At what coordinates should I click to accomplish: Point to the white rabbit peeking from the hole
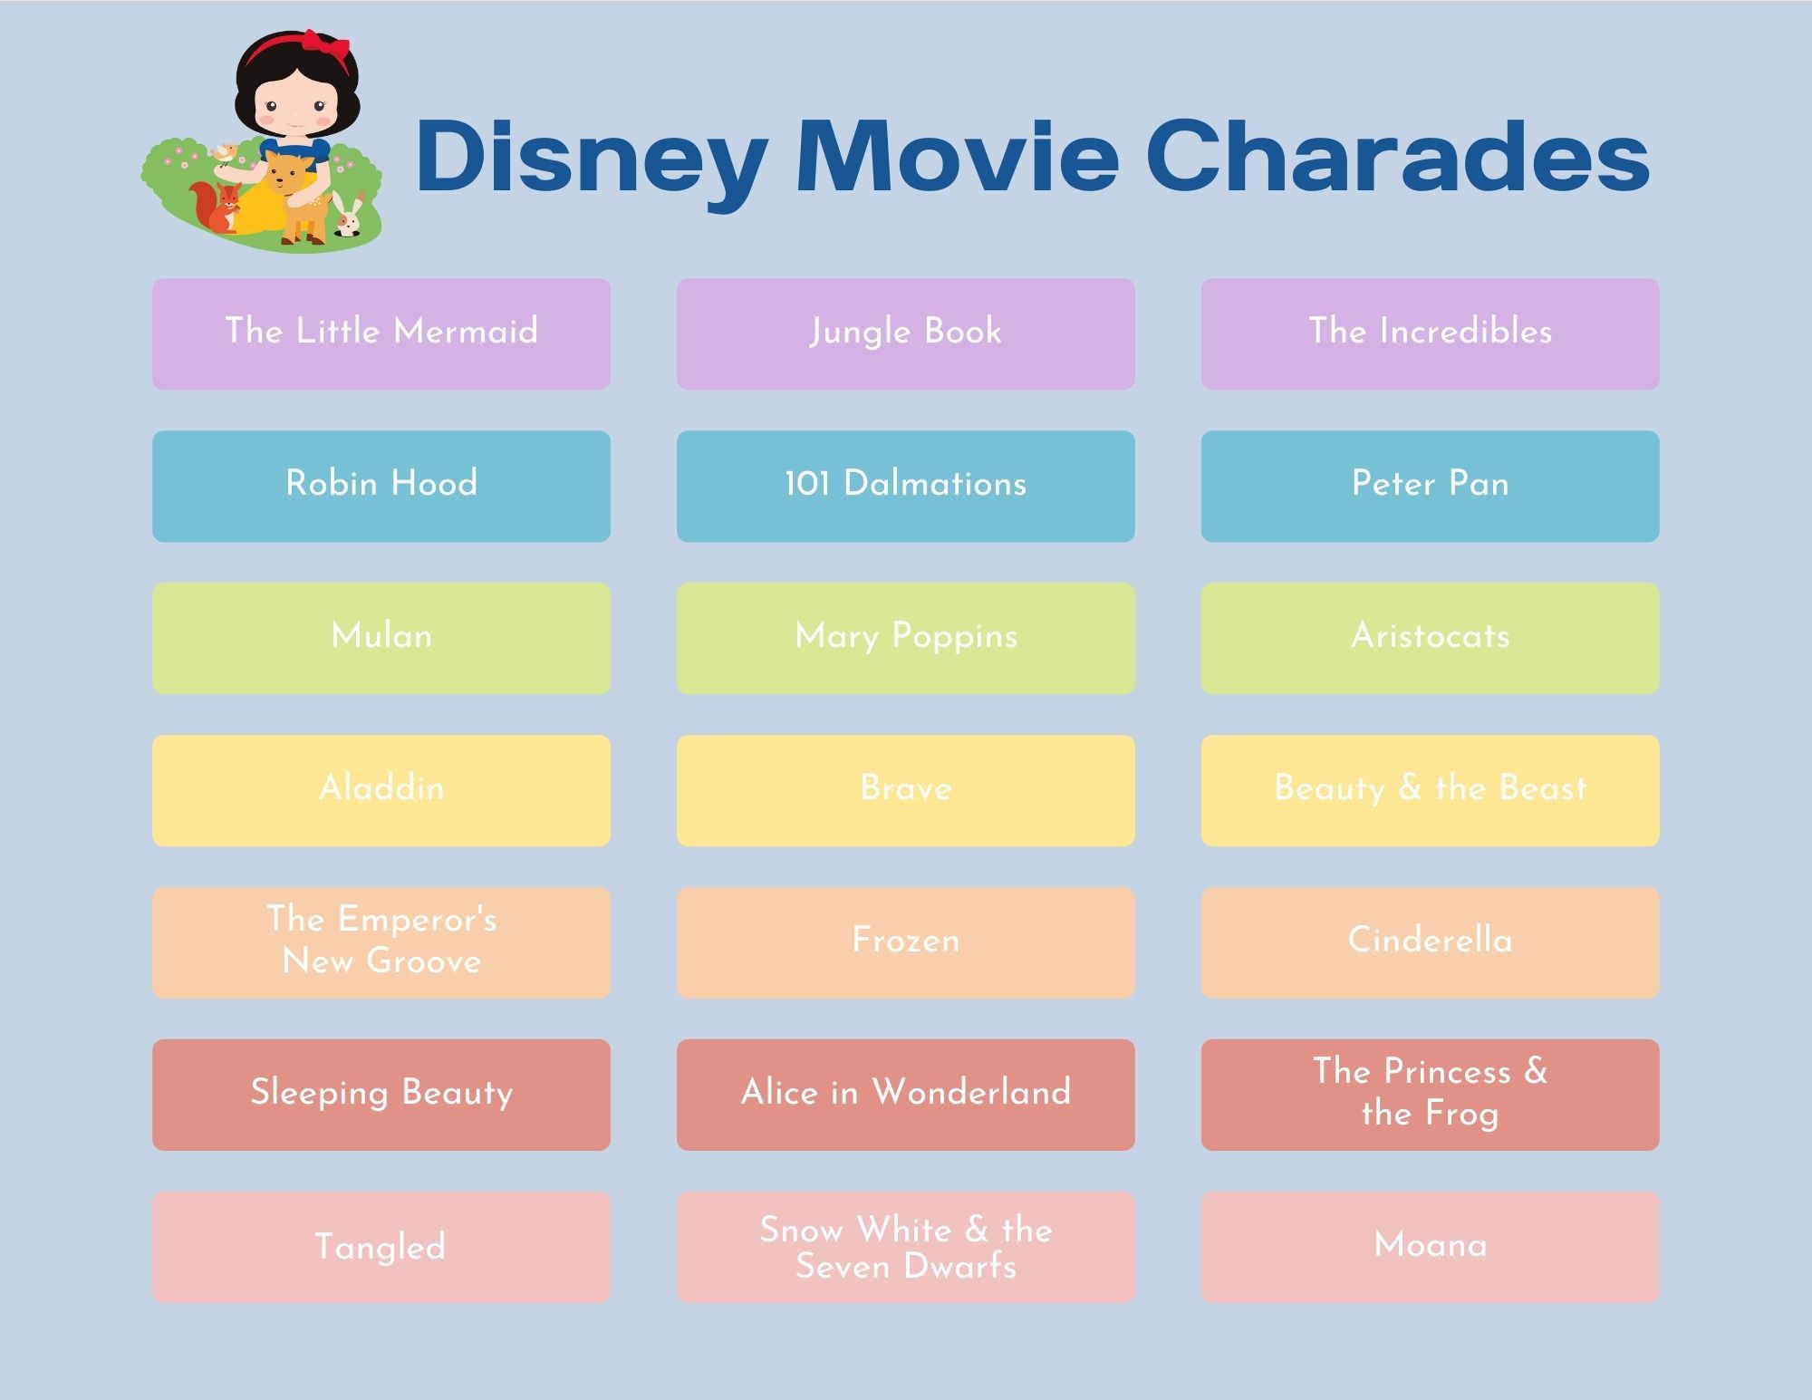(x=347, y=217)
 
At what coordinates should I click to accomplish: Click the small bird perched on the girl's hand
(x=224, y=153)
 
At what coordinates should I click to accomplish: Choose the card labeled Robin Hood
(x=381, y=486)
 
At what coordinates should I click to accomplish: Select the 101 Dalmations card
(x=905, y=486)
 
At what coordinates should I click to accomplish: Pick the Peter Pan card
(x=1430, y=486)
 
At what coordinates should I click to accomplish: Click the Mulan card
(x=381, y=638)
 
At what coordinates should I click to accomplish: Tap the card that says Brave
(x=905, y=790)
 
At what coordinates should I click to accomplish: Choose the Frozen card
(x=905, y=942)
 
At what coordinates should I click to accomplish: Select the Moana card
(x=1430, y=1247)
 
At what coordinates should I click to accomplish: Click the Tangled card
(x=381, y=1247)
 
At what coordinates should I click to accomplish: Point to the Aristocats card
(x=1430, y=638)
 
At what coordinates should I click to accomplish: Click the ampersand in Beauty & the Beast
(x=1410, y=788)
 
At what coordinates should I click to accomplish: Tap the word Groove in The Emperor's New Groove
(x=424, y=961)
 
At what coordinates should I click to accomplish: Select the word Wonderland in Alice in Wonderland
(x=971, y=1093)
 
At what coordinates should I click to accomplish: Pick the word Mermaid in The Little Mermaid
(x=466, y=332)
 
